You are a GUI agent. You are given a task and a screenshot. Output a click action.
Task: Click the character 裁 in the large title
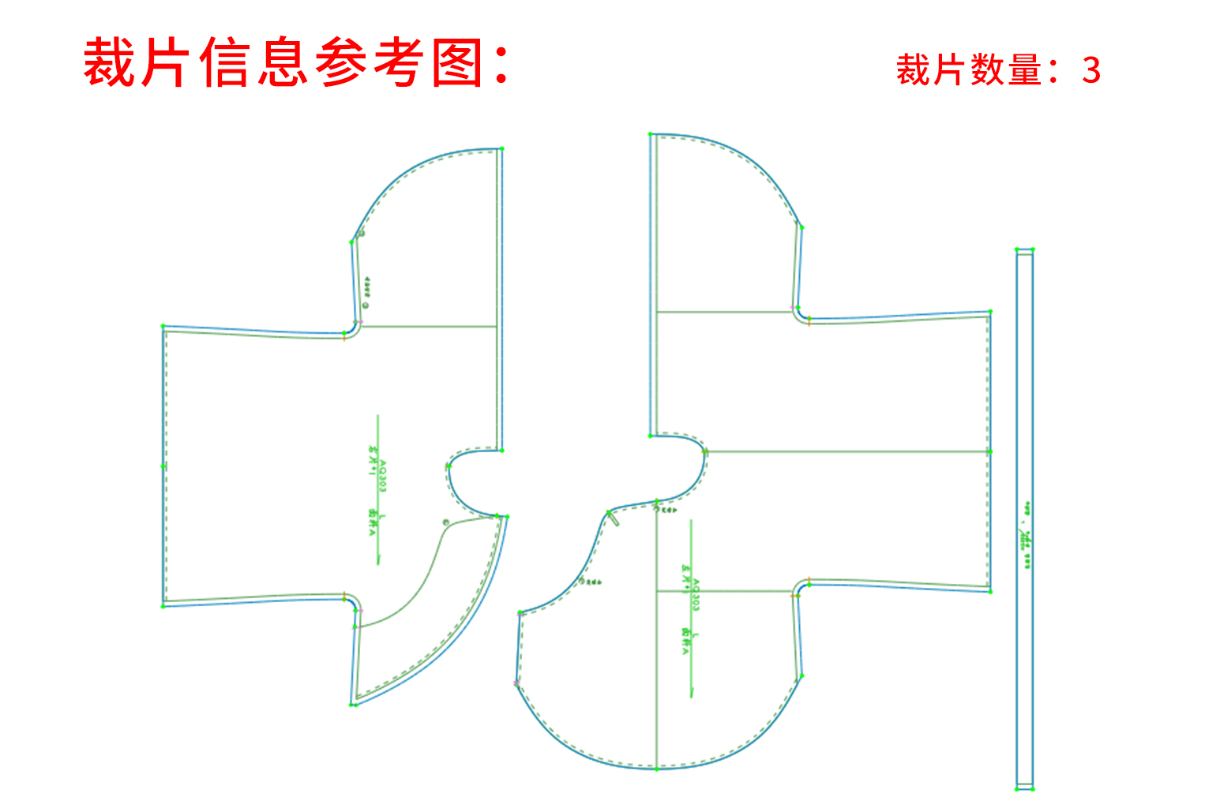108,62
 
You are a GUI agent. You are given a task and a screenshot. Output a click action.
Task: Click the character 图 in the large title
458,62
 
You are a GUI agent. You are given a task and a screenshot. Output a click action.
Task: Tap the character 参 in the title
341,62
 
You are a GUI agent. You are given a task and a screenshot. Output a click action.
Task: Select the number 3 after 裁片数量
1091,71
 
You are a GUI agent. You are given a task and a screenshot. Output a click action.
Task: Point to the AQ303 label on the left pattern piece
383,477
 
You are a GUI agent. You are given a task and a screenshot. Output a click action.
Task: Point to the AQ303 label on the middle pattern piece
696,594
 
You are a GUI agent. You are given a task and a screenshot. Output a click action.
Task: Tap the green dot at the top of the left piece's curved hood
501,148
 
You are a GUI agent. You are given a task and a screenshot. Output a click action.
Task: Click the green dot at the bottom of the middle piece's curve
657,769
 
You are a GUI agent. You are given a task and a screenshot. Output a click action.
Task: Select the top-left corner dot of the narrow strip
1017,249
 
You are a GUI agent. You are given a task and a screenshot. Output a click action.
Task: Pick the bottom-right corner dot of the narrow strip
1032,788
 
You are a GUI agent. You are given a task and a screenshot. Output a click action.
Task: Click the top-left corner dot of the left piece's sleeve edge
163,326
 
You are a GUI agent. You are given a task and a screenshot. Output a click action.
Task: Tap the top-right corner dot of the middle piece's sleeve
990,312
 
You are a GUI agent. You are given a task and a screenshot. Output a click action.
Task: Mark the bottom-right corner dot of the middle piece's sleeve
990,591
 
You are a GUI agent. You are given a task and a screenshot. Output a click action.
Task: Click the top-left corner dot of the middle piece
651,135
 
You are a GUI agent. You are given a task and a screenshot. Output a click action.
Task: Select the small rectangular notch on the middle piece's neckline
613,518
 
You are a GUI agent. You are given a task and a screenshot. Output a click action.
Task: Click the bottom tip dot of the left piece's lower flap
352,704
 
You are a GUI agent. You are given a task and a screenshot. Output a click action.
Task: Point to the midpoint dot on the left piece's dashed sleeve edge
163,466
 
